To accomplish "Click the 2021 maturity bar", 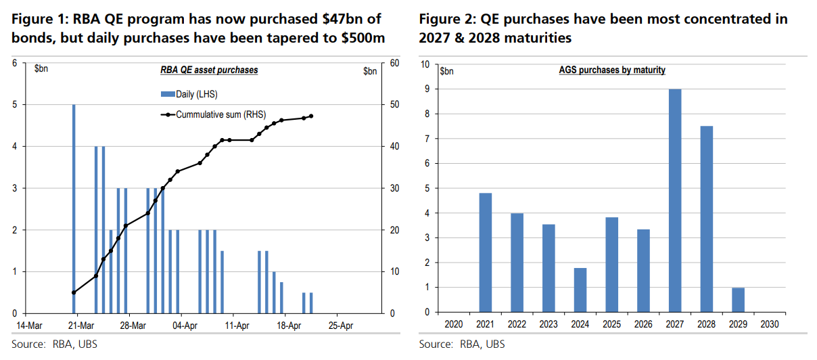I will tap(485, 252).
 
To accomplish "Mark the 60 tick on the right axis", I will tap(377, 63).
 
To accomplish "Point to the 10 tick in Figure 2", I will tap(425, 64).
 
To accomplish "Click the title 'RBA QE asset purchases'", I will tap(209, 70).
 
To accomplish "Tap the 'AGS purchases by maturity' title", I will tap(611, 70).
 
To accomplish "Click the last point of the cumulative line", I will tap(310, 116).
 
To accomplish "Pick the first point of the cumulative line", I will tap(73, 292).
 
